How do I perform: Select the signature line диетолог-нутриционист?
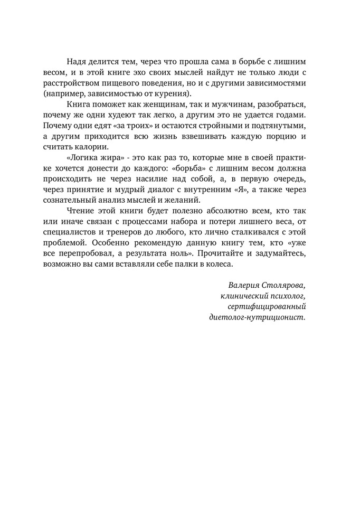coord(258,317)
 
